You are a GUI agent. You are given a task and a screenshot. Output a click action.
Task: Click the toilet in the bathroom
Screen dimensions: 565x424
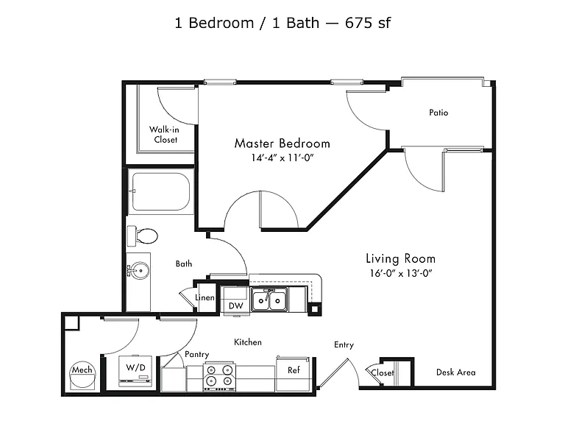click(x=142, y=236)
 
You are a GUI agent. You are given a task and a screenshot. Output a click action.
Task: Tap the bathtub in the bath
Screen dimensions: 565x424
click(x=160, y=192)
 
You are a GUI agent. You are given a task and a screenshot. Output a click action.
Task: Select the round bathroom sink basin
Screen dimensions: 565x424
click(x=140, y=269)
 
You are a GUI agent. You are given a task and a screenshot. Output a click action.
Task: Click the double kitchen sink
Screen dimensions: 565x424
click(x=269, y=300)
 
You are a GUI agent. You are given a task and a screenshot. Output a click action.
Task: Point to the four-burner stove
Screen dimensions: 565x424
click(x=219, y=377)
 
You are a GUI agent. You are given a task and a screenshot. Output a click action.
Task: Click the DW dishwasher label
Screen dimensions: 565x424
click(x=236, y=306)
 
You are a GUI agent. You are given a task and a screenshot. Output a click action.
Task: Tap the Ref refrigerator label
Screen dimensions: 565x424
click(x=294, y=370)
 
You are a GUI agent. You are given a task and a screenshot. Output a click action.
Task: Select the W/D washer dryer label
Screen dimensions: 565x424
click(x=135, y=368)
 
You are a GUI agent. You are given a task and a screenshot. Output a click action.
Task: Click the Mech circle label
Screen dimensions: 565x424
click(x=82, y=370)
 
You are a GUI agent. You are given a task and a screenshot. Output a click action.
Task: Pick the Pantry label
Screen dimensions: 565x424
click(x=196, y=354)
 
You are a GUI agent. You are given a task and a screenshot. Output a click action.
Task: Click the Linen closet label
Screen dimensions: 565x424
click(x=205, y=298)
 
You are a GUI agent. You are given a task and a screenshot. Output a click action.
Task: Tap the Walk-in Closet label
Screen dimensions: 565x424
click(x=164, y=135)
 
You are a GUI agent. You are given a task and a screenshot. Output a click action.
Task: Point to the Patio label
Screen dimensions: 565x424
click(x=438, y=113)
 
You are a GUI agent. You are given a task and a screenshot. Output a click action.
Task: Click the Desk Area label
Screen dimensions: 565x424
click(x=456, y=372)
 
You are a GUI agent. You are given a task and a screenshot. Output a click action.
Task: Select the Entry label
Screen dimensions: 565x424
click(x=344, y=345)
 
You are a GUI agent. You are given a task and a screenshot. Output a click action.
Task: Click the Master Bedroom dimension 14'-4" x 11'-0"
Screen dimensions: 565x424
click(x=282, y=158)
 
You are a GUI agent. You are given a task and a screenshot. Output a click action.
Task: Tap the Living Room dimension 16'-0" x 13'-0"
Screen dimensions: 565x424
click(x=401, y=273)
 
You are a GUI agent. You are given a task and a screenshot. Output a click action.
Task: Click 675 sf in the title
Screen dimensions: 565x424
click(x=368, y=23)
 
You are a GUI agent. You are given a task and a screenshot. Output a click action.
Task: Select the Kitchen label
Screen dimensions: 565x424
click(x=248, y=342)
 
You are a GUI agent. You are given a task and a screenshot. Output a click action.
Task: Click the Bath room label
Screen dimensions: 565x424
click(x=184, y=264)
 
